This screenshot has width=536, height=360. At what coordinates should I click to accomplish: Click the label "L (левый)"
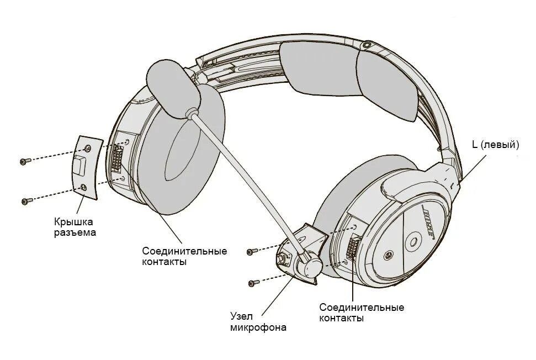click(495, 145)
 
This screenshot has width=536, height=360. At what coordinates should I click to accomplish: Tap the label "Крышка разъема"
click(75, 227)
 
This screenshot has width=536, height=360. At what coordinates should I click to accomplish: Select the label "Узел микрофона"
click(258, 322)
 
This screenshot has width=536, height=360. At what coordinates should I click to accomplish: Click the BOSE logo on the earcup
click(429, 224)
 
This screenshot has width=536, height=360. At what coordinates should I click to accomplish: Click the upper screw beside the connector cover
click(24, 161)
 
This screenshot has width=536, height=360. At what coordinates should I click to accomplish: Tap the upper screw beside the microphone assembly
click(251, 251)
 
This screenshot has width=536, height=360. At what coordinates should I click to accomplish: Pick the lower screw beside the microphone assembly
click(253, 283)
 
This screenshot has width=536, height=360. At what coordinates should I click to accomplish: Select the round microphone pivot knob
click(310, 264)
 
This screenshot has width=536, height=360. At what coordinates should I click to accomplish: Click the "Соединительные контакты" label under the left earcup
click(184, 256)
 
